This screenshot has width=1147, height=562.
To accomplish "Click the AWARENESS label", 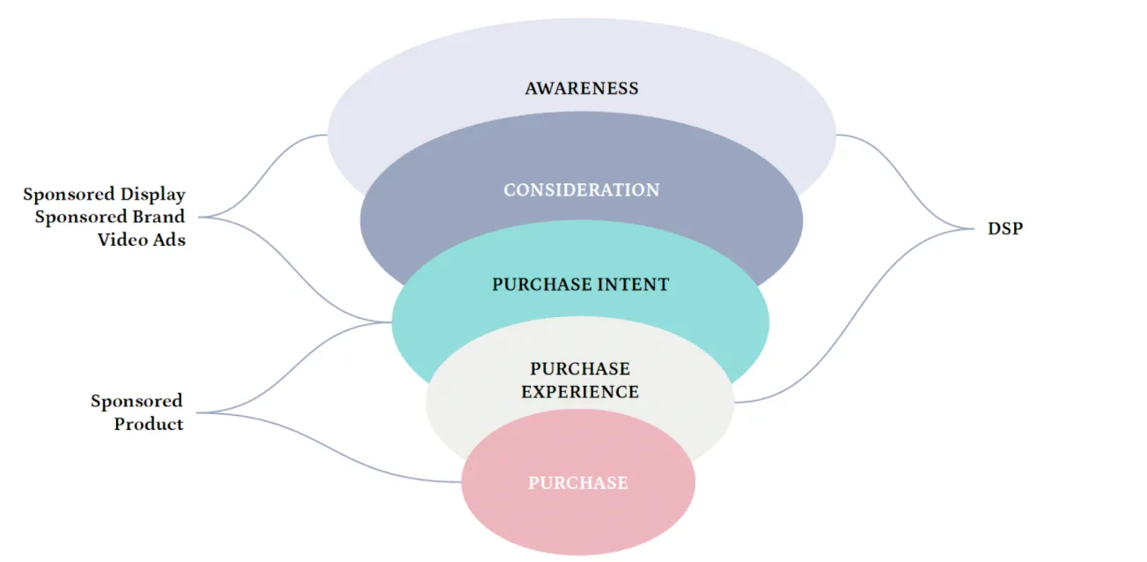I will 581,88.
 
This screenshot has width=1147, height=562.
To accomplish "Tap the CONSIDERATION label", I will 581,189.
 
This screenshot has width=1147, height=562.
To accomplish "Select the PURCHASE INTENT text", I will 580,285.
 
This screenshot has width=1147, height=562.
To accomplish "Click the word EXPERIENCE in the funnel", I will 580,391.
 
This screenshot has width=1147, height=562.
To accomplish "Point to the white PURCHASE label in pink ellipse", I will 578,483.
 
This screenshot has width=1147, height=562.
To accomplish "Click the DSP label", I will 1005,228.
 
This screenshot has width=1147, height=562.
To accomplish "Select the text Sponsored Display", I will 104,194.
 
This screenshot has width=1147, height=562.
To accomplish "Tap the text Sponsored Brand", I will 110,217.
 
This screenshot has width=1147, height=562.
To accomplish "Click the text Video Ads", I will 142,239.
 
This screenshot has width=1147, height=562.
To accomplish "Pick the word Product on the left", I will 149,424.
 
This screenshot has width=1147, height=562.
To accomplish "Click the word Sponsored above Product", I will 136,401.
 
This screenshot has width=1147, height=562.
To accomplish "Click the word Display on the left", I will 153,194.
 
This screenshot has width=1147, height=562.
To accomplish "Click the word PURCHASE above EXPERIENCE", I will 580,368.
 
